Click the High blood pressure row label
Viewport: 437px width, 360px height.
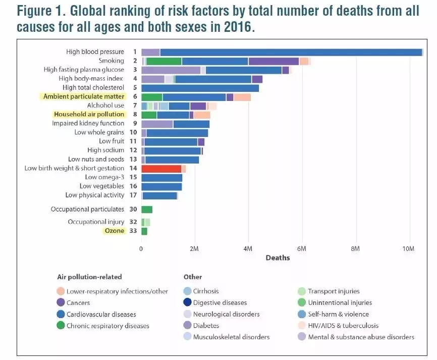(95, 52)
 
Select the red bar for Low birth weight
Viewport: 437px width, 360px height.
(161, 169)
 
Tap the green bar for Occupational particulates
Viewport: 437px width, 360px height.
(147, 210)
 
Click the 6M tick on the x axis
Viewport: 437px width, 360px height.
(301, 249)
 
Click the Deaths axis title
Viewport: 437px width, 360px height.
(278, 258)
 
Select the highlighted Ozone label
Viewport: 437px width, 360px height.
(114, 231)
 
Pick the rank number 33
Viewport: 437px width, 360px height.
(133, 231)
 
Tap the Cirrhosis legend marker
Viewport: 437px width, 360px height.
(188, 291)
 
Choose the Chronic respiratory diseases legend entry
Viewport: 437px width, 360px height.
(107, 326)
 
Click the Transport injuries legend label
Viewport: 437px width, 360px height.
(334, 291)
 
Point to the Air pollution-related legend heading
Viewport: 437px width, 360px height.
(89, 277)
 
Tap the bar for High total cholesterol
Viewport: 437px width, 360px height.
(200, 88)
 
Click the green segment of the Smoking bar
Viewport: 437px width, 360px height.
(164, 61)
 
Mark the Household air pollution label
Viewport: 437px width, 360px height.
(89, 115)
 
